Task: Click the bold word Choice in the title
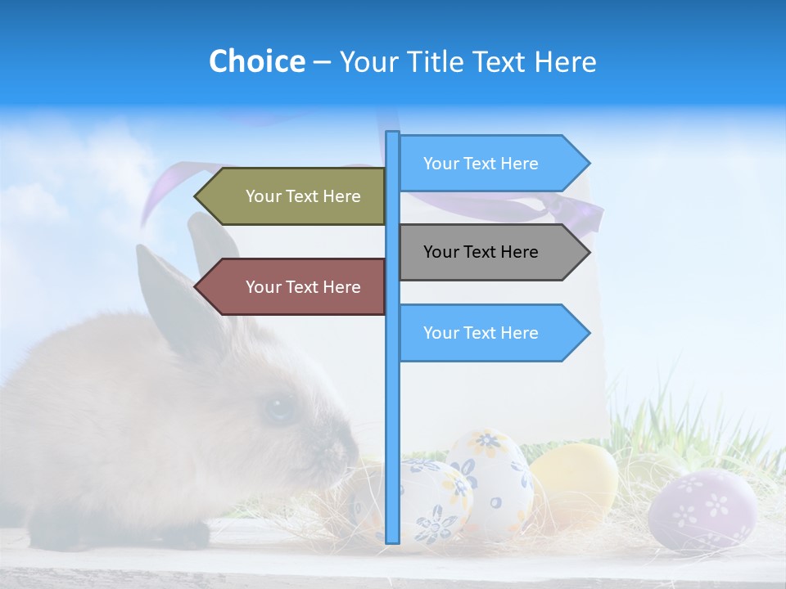click(x=256, y=61)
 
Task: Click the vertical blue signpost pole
click(x=392, y=409)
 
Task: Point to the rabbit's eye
click(x=279, y=407)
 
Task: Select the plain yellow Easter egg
click(x=573, y=483)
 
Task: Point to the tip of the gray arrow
click(x=588, y=252)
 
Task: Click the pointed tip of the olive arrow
click(x=196, y=196)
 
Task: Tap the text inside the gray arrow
click(x=481, y=252)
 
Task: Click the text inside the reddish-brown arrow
click(x=303, y=287)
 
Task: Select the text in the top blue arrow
click(x=481, y=164)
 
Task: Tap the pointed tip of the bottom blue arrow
click(x=588, y=333)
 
